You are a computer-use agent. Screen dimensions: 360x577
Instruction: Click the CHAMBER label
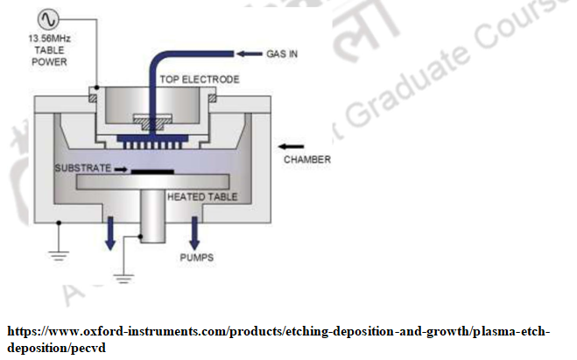307,160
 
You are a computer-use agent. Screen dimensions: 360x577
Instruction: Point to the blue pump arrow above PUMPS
194,234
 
